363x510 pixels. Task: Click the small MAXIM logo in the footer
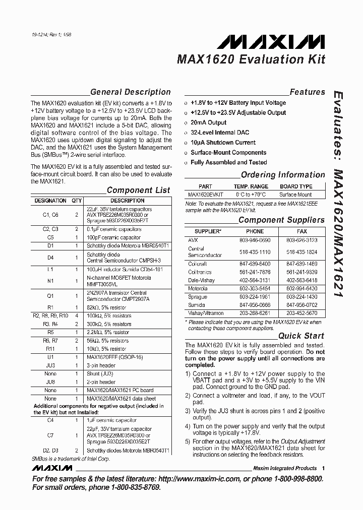[52, 468]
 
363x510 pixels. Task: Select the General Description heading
[130, 92]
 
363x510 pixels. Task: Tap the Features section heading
[307, 92]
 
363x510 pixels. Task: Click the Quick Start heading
[301, 336]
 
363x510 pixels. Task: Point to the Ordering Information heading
[282, 175]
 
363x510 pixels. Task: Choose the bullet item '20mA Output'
[208, 122]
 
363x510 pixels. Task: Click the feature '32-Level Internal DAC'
[220, 133]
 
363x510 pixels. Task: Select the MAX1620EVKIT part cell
[205, 195]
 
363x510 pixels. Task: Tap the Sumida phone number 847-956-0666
[255, 305]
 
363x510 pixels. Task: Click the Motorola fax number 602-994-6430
[301, 289]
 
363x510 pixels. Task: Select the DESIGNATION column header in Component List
[50, 201]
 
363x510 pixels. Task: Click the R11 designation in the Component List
[50, 349]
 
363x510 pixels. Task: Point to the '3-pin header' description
[101, 365]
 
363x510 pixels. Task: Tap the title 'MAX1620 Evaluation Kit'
[251, 59]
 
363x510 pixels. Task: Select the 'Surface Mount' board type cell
[295, 195]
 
